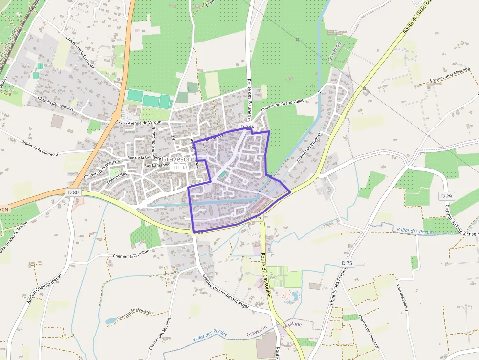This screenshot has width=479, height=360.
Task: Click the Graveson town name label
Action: (176, 159)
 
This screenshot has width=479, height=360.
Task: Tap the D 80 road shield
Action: (73, 192)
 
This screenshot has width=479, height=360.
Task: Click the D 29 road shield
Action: (446, 196)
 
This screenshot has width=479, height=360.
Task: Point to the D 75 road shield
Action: (347, 263)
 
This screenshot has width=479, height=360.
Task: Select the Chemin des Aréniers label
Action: (57, 104)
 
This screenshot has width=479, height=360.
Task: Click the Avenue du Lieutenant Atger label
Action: (225, 292)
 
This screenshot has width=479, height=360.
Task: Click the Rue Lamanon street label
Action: (156, 165)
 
